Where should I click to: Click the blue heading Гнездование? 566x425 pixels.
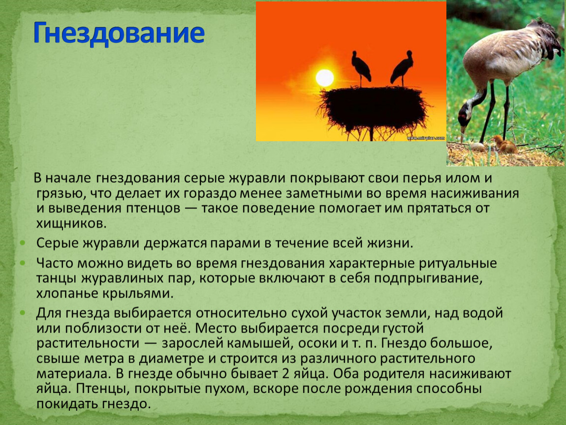click(x=119, y=33)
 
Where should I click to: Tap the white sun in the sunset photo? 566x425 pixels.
click(x=324, y=78)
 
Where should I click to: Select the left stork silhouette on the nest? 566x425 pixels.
click(x=361, y=67)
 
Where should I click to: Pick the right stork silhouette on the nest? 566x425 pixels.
click(x=402, y=67)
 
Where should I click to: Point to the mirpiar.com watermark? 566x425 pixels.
click(x=426, y=138)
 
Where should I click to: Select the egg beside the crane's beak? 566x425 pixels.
click(x=477, y=147)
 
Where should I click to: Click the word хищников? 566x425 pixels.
click(x=71, y=224)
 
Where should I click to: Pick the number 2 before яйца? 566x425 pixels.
click(x=285, y=374)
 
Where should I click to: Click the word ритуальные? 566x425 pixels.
click(x=458, y=263)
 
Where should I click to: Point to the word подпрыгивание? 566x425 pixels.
click(x=428, y=278)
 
